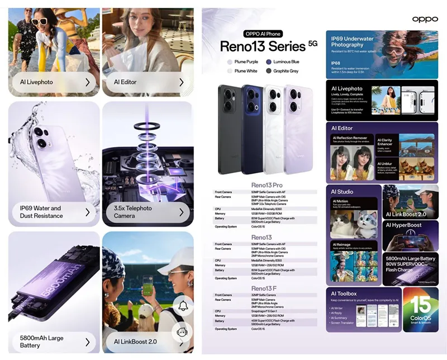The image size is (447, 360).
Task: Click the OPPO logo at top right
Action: click(425, 20)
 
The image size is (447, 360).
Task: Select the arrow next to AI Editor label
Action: click(182, 82)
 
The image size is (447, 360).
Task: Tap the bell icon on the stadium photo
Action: click(182, 306)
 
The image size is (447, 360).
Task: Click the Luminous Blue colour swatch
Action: click(269, 61)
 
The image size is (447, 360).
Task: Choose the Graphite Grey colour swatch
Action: click(269, 71)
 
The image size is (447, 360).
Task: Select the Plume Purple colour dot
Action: click(229, 61)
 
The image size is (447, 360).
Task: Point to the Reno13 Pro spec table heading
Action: click(265, 185)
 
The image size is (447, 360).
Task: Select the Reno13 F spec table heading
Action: click(265, 288)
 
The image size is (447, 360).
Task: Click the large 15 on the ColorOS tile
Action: click(420, 306)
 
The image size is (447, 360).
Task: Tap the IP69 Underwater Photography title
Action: click(352, 41)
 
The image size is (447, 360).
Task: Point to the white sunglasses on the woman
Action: click(40, 22)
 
